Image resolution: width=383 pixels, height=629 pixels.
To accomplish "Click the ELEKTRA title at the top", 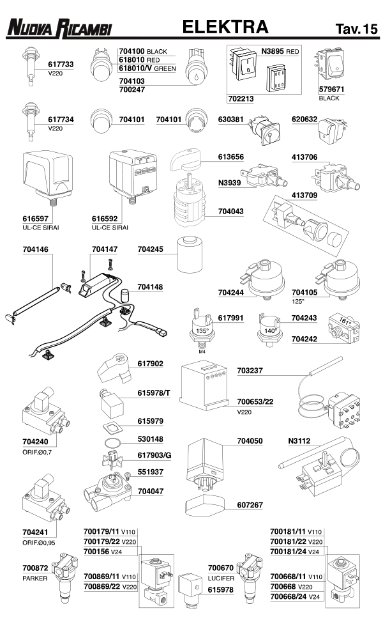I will [x=225, y=27].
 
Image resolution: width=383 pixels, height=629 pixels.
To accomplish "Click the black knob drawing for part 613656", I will [x=192, y=158].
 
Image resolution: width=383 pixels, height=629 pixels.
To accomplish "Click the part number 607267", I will [x=250, y=505].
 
